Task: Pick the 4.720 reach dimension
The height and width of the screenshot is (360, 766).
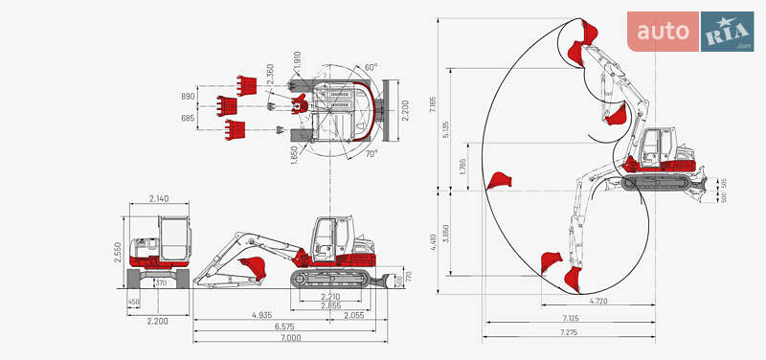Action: pyautogui.click(x=597, y=302)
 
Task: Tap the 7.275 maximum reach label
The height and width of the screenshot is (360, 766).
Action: pyautogui.click(x=570, y=332)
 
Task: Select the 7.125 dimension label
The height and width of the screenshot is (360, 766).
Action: pyautogui.click(x=570, y=318)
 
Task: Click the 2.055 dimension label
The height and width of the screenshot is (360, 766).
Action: pyautogui.click(x=353, y=314)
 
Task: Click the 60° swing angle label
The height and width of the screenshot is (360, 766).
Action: pyautogui.click(x=371, y=67)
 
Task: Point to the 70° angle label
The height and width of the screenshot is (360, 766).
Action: pyautogui.click(x=371, y=153)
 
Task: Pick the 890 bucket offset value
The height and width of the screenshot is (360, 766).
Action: pyautogui.click(x=188, y=97)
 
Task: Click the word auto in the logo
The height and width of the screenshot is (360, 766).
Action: pyautogui.click(x=664, y=31)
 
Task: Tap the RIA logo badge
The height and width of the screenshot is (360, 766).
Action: pyautogui.click(x=727, y=32)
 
